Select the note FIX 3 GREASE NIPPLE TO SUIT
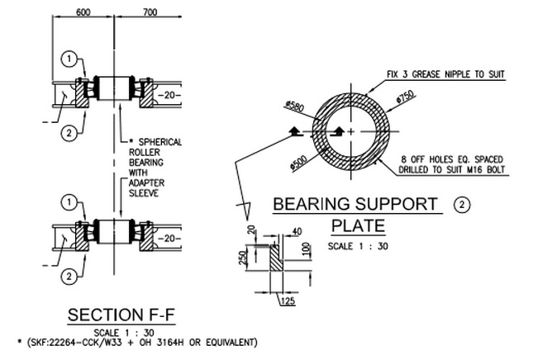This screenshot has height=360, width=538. pos(445,74)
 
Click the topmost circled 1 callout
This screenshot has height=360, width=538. pos(70,59)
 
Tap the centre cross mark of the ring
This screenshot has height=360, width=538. pos(352,131)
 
